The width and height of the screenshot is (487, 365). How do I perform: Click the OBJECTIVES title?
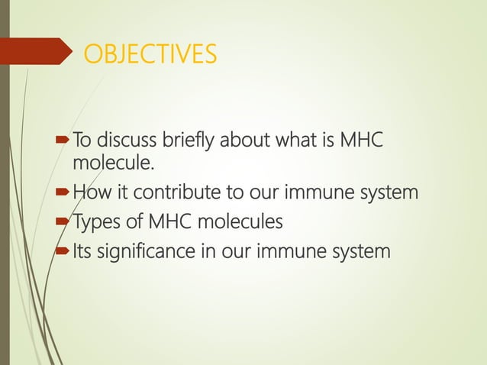pos(150,55)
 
